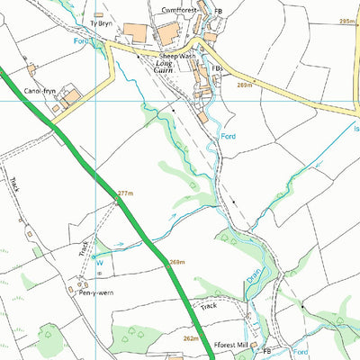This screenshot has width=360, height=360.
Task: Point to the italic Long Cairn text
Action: (x=169, y=67)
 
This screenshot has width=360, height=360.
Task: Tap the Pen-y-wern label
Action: (x=95, y=293)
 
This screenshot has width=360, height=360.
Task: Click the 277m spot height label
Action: (x=125, y=193)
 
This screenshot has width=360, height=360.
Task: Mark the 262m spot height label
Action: (x=190, y=338)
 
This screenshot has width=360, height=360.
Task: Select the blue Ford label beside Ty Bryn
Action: (x=81, y=40)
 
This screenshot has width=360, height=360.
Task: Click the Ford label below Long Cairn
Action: (x=229, y=136)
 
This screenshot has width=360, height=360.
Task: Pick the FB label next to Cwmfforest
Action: (x=218, y=11)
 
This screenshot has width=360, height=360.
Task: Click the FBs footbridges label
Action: (x=216, y=67)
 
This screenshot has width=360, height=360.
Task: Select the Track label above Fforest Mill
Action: (x=209, y=306)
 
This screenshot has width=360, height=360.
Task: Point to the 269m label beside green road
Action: (x=176, y=262)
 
